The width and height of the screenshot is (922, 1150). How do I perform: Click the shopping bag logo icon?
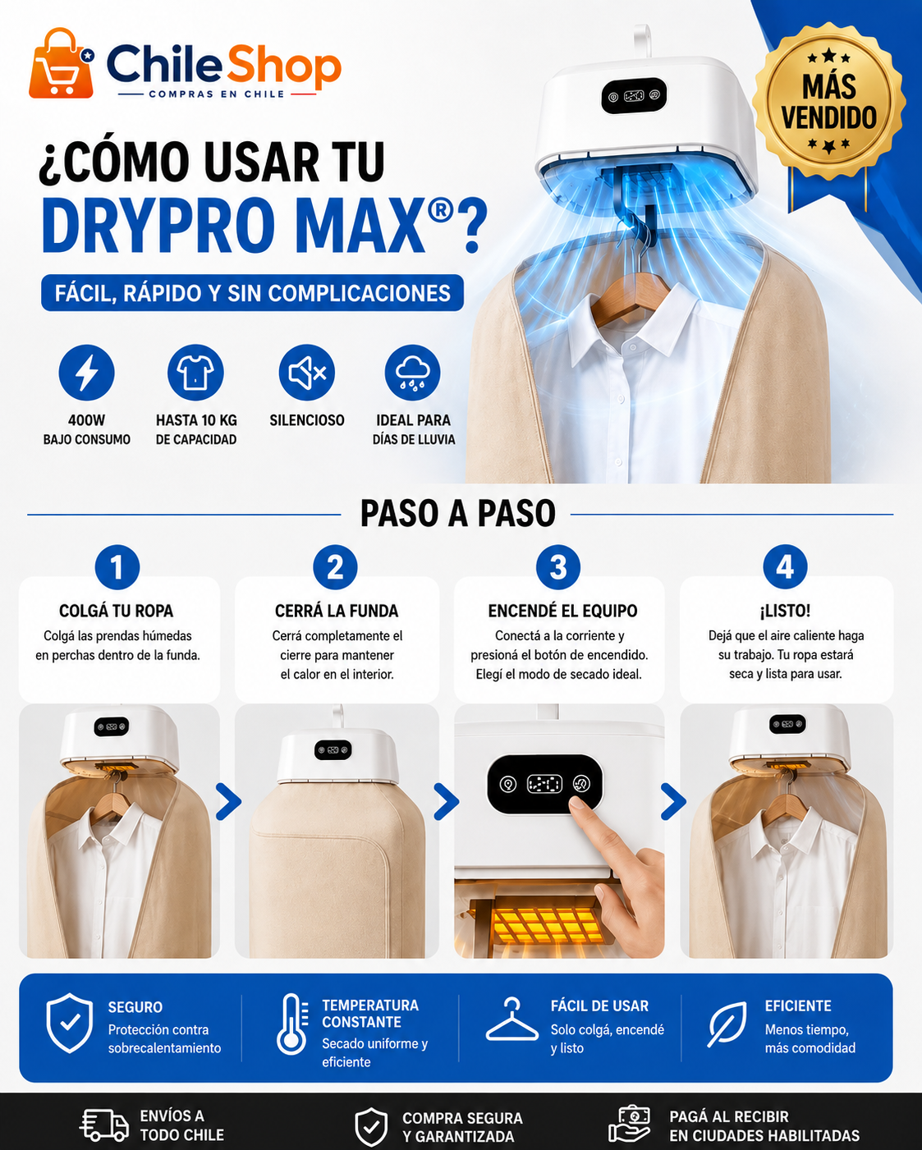click(x=62, y=63)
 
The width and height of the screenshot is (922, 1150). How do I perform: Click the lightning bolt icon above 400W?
click(x=86, y=373)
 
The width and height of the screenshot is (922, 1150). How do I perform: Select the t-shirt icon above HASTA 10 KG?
click(x=195, y=373)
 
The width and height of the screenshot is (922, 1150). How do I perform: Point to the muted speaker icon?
click(x=307, y=373)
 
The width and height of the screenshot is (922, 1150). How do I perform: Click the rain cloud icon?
click(x=413, y=373)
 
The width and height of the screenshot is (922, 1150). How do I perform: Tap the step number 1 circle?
click(x=117, y=567)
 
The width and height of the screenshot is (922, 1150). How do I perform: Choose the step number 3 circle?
click(x=558, y=567)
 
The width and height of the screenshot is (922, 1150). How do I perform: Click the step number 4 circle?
click(x=785, y=567)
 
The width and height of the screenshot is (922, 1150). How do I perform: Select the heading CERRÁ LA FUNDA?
click(x=337, y=611)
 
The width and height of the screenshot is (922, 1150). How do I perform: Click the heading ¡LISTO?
click(x=785, y=610)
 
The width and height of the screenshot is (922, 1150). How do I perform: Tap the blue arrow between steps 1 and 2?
click(x=229, y=801)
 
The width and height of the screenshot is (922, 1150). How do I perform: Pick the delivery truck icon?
click(x=104, y=1125)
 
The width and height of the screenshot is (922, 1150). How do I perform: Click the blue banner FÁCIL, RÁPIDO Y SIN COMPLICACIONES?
click(x=252, y=293)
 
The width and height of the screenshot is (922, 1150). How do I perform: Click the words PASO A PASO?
click(x=457, y=514)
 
